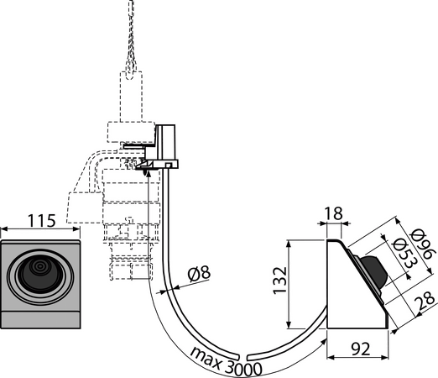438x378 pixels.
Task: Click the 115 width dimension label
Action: click(x=41, y=221)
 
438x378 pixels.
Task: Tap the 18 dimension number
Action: click(x=334, y=213)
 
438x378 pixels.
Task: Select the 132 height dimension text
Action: click(x=280, y=281)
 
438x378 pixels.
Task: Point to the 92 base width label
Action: click(x=360, y=349)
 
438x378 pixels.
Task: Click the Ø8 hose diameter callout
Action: click(x=199, y=274)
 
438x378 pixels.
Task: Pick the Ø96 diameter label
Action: click(x=422, y=244)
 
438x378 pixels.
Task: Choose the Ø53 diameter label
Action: click(x=404, y=254)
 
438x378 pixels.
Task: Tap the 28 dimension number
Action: click(x=425, y=299)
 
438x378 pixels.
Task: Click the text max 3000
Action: click(x=226, y=361)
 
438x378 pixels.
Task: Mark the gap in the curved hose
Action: click(x=242, y=357)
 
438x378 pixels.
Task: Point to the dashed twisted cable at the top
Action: click(x=131, y=39)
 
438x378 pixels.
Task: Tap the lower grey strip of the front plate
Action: click(x=40, y=319)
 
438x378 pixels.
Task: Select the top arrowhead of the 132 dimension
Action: click(x=289, y=244)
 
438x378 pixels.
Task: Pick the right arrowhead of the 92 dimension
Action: click(x=385, y=357)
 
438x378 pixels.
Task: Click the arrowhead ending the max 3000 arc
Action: click(x=324, y=341)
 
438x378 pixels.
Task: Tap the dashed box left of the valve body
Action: click(x=84, y=207)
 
